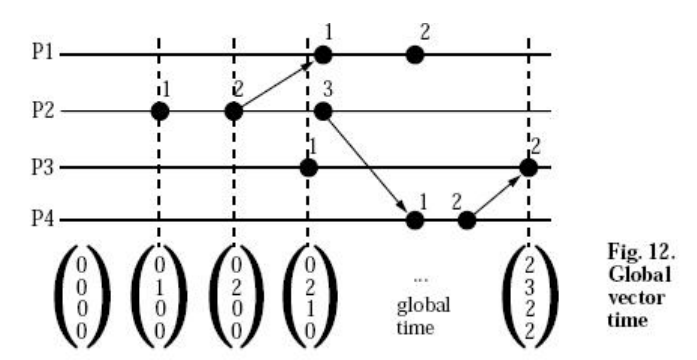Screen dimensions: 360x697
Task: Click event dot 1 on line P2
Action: point(158,110)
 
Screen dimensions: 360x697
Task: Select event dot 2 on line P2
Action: point(233,110)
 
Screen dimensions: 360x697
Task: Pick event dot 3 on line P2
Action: point(321,110)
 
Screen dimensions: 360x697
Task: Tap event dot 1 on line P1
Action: point(321,54)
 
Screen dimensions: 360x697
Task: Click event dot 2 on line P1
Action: point(414,54)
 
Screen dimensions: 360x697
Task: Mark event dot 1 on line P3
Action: point(309,166)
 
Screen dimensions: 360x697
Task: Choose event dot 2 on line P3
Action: point(529,166)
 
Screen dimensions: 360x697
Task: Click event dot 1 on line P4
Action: point(411,220)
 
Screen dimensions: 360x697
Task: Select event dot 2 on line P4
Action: point(465,220)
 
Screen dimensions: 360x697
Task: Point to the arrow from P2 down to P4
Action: point(366,165)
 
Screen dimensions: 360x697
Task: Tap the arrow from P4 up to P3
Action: point(497,193)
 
